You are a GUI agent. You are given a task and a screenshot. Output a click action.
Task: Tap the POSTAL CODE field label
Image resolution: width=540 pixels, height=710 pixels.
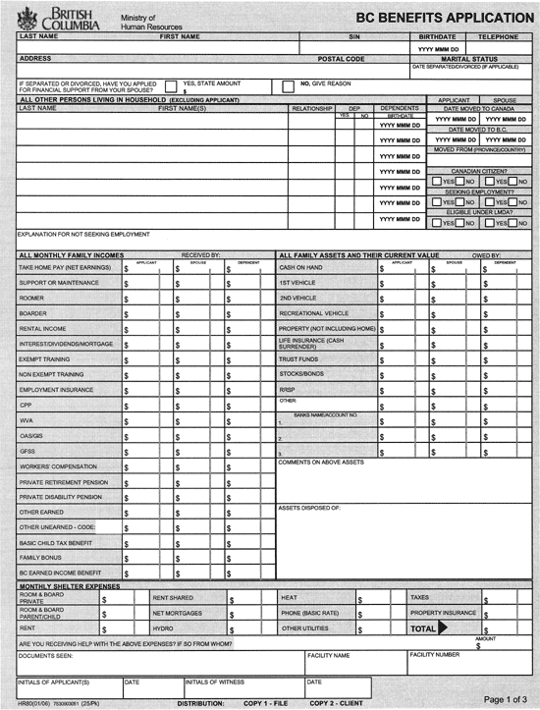point(341,59)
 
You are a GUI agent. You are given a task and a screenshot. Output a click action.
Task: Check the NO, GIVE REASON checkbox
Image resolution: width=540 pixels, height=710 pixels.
point(289,86)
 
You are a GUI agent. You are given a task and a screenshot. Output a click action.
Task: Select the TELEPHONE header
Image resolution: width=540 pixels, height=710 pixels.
point(500,36)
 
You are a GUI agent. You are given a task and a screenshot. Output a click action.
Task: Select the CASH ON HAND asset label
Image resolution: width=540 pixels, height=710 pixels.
point(300,267)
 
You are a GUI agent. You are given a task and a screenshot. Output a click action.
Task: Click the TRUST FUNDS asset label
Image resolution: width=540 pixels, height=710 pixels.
point(299,358)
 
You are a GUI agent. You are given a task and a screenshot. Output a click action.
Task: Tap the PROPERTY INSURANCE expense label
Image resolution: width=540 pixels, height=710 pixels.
point(444,612)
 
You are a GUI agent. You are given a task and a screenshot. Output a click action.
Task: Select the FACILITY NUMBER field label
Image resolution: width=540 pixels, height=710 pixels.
point(434,653)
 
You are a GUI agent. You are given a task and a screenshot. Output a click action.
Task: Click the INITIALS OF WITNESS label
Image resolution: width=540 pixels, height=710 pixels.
point(215,681)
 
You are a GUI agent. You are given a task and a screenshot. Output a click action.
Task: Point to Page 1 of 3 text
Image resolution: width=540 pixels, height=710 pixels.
point(508,698)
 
